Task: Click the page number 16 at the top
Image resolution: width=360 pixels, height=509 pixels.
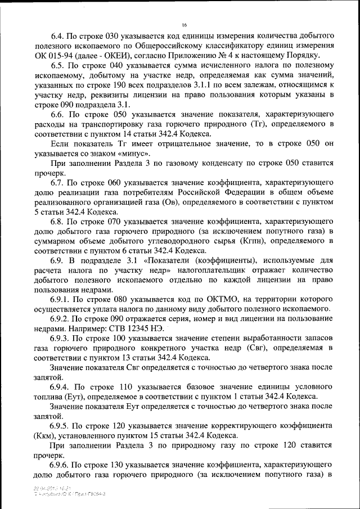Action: tap(184, 25)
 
